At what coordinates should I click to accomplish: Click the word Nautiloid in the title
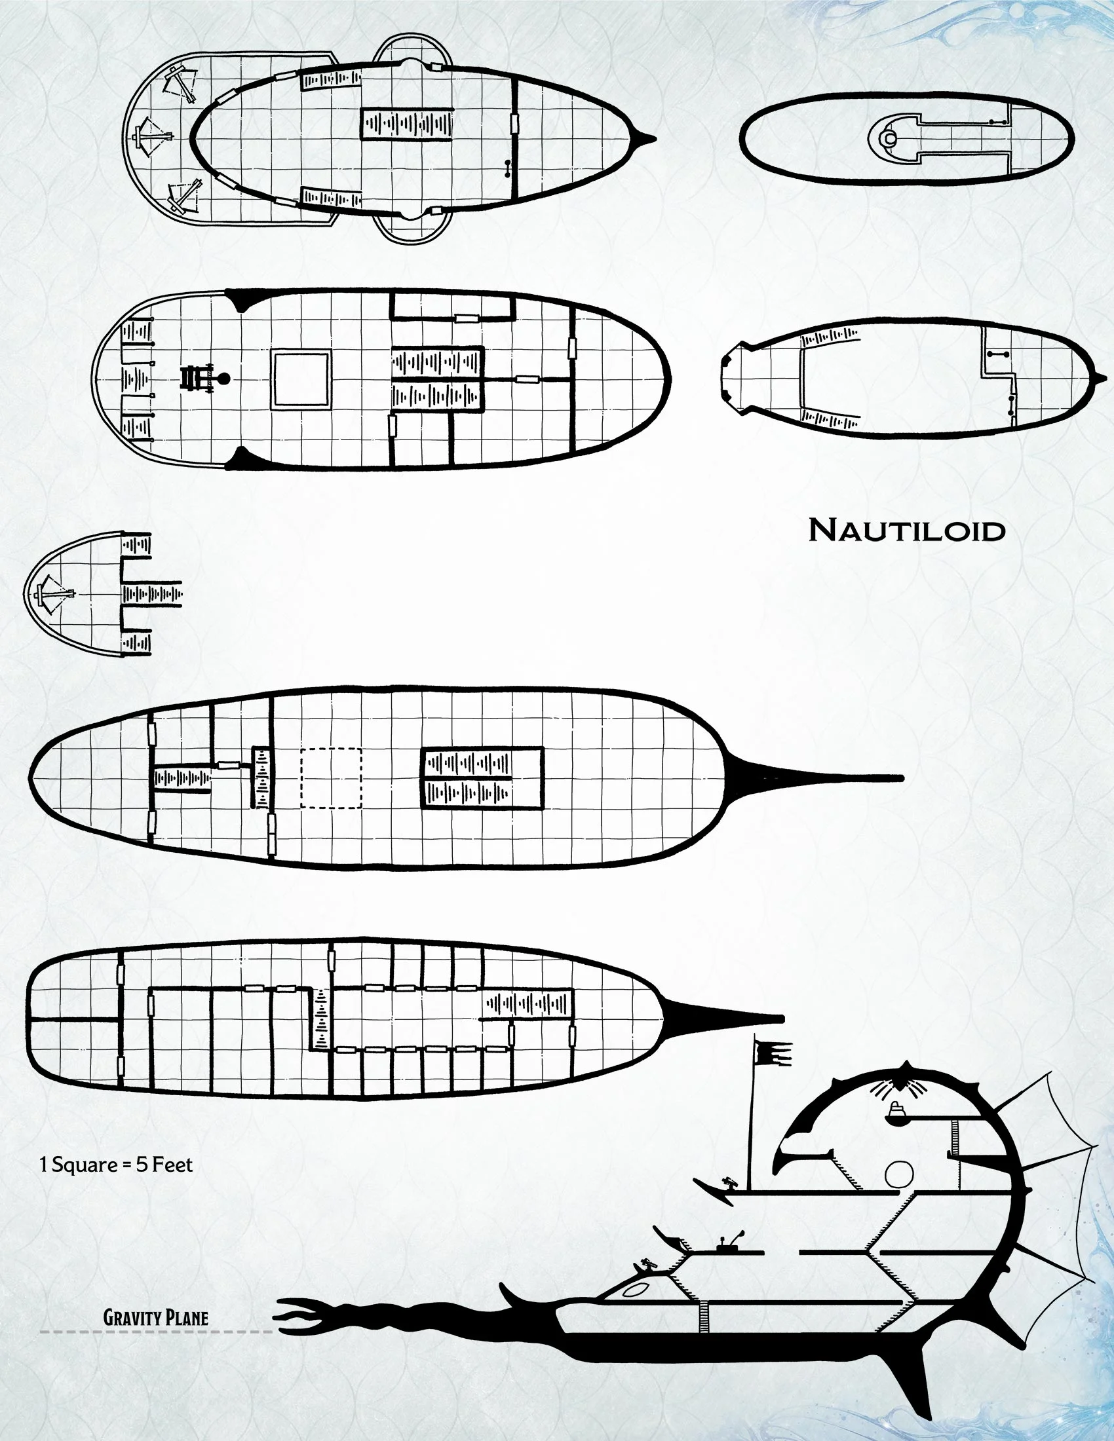pos(907,531)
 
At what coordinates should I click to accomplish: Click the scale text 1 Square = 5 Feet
pos(116,1165)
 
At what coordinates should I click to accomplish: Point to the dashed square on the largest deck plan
pos(331,778)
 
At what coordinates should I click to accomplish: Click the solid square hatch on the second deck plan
pos(302,380)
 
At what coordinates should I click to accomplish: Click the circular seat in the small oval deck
pos(891,139)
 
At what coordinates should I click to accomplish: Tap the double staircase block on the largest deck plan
pos(482,778)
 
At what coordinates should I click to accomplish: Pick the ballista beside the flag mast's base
pos(730,1184)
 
